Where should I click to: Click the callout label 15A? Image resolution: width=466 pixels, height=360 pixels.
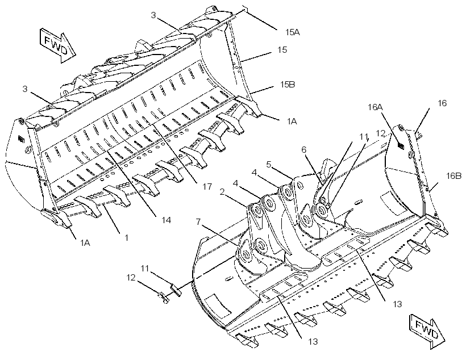point(293,32)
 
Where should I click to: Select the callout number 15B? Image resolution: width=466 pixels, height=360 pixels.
point(288,85)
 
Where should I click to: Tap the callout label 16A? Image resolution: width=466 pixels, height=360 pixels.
point(375,107)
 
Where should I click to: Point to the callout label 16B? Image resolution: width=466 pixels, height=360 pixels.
point(454,176)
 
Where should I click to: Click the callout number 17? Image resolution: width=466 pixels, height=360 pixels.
point(207,187)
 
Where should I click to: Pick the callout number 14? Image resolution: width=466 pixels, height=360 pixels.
point(167,220)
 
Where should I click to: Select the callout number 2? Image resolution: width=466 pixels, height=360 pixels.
point(222,192)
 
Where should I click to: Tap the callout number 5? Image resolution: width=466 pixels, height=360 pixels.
point(269,164)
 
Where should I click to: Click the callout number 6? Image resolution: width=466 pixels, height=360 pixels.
point(303,150)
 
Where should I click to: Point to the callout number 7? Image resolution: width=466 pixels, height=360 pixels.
point(198,221)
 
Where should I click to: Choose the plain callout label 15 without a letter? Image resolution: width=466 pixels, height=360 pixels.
point(282,49)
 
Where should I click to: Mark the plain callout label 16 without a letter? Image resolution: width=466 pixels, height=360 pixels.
point(442,103)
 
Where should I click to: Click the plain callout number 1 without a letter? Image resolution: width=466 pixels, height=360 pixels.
point(127,237)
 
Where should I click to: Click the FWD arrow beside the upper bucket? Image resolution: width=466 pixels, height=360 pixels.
point(57,45)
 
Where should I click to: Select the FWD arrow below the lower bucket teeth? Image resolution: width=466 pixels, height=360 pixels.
point(427,331)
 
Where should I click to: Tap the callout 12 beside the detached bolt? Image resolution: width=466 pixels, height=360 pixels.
point(131,278)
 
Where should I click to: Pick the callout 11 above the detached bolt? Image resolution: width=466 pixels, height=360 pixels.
point(145,269)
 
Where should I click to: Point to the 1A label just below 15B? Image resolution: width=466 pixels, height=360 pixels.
point(292,121)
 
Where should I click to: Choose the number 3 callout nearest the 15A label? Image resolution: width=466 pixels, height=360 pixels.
point(153,15)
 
